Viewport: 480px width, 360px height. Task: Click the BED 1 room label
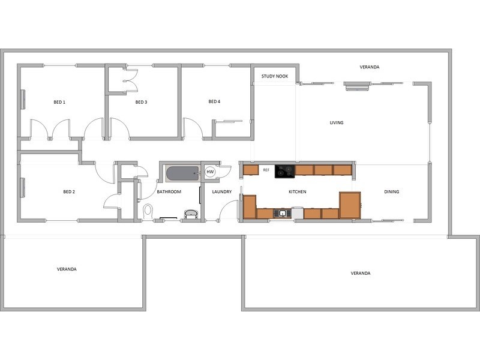(59, 102)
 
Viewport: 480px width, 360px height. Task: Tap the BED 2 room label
(69, 191)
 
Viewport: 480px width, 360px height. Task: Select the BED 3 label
(141, 102)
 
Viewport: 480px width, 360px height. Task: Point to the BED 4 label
(214, 101)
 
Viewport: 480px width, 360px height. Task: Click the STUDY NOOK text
(275, 76)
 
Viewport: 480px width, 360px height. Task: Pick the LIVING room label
(337, 122)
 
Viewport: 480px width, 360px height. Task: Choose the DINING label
(392, 191)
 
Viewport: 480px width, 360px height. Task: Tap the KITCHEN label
(297, 191)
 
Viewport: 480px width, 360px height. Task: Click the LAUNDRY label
(221, 191)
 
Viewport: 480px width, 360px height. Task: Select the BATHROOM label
(169, 191)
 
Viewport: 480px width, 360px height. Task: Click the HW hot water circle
(210, 172)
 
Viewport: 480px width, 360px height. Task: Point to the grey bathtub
(183, 173)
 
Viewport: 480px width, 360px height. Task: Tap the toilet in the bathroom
(148, 212)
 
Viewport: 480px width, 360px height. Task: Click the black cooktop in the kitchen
(284, 172)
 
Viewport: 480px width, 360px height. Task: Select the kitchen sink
(282, 214)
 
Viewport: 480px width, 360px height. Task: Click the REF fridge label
(266, 170)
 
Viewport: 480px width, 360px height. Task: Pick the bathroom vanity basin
(191, 214)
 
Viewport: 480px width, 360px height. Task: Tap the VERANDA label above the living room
(370, 67)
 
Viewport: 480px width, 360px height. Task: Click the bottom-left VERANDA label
(67, 269)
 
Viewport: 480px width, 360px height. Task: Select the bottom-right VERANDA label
(361, 273)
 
